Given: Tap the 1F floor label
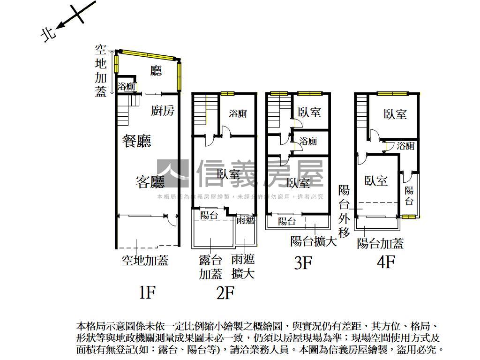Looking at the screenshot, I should pos(147,293).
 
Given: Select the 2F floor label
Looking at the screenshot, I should pos(225,293).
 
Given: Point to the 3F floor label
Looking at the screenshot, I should pos(303,263).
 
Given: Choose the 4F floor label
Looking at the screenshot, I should pos(386,262).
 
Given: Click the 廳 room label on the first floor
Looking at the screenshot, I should pos(156,71).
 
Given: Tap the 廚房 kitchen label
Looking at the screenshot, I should pos(163,111).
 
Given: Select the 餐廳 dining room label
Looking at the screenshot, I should pos(137,141).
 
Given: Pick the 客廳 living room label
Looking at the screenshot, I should pos(150,182).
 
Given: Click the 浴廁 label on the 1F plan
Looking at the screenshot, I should pos(126,87).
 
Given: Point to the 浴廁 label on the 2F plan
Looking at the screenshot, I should pos(238,113).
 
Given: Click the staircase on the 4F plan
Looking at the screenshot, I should pos(361,112).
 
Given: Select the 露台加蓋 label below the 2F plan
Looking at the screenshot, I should pos(210,267).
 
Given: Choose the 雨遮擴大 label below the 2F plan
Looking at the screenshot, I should pos(243,267).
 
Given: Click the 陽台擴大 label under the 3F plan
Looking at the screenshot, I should pos(314,241).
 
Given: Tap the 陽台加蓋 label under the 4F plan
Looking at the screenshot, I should pos(380,243).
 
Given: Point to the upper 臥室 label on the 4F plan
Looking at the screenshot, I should pos(395,114).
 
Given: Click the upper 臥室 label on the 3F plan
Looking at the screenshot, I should pos(309,112).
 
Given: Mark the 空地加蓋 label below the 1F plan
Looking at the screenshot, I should pos(145,260).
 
